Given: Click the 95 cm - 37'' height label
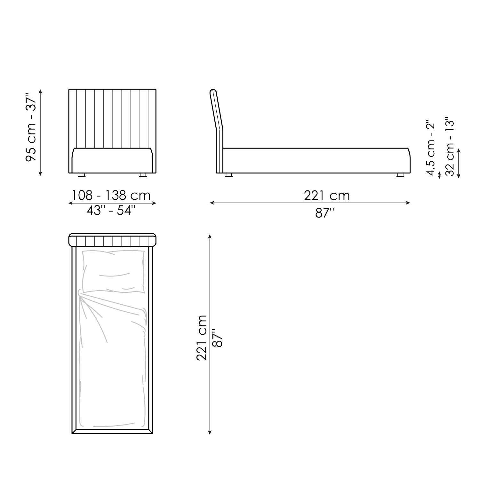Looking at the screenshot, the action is point(32,128).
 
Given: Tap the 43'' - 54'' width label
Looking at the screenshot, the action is point(111,210).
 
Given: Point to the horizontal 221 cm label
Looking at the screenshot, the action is point(327,195).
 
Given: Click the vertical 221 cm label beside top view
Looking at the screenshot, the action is point(202,338).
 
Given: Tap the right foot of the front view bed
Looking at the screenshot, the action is point(143,175).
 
